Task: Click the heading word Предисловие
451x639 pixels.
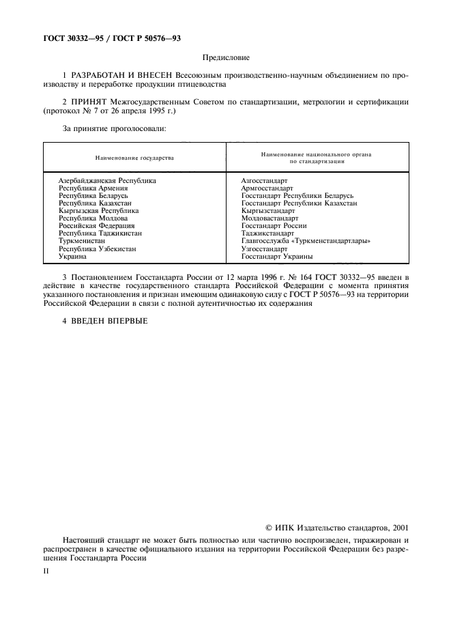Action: click(x=226, y=59)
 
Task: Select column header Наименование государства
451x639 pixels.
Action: click(x=134, y=158)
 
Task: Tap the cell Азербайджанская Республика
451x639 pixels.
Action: click(x=107, y=181)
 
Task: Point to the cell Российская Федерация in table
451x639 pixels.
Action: click(x=97, y=226)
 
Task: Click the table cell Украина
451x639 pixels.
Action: click(x=72, y=256)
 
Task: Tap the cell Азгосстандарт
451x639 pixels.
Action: click(x=264, y=181)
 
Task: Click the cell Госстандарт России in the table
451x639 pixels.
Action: click(x=274, y=226)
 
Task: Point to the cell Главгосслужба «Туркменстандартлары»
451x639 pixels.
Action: click(x=306, y=241)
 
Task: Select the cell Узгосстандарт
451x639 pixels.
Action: click(x=263, y=248)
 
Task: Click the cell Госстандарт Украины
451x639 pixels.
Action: click(x=276, y=256)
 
